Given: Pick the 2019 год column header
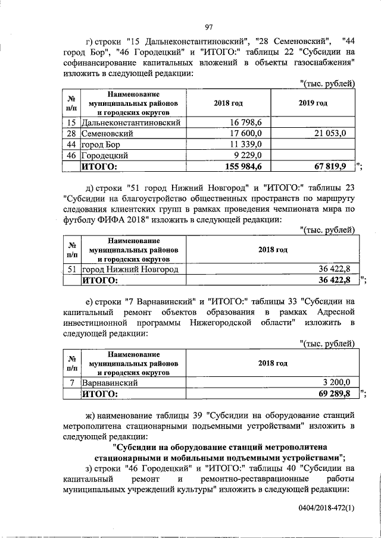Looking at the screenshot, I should tap(313, 103).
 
